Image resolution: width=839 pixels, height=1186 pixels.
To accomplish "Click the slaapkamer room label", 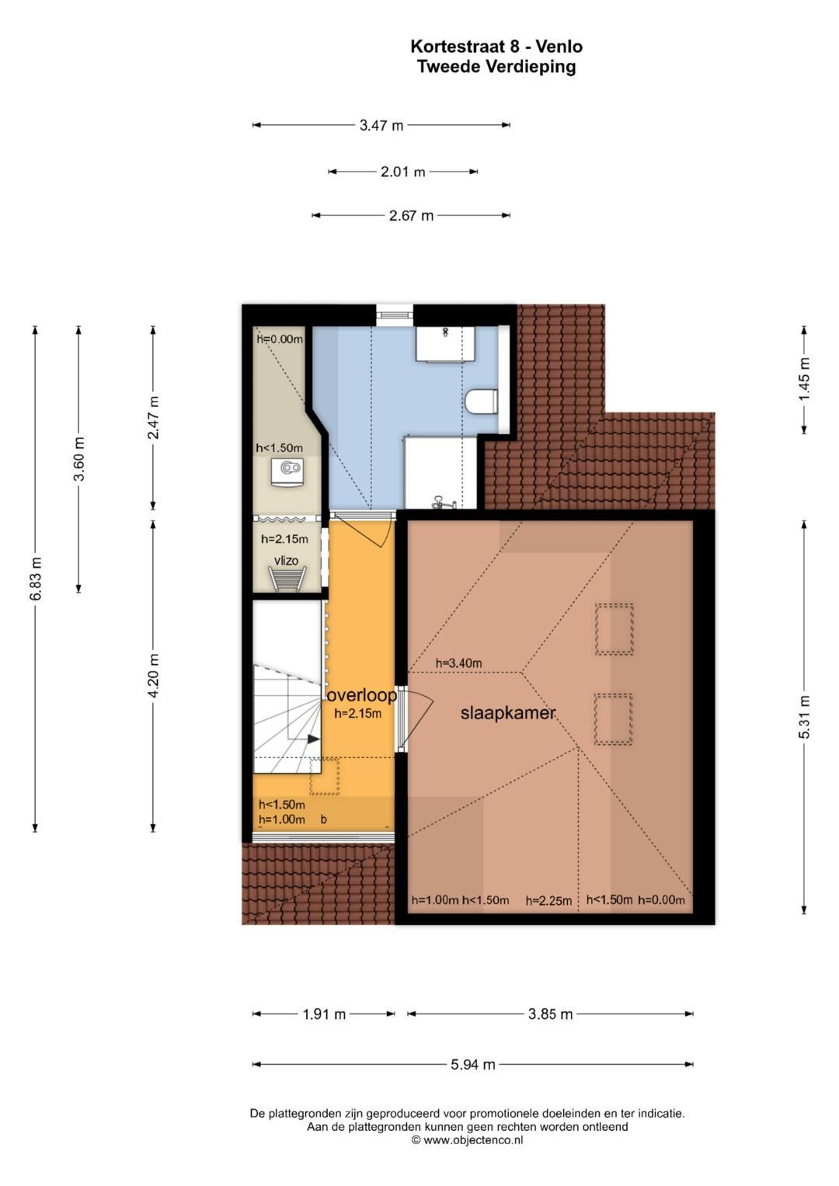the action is click(x=507, y=713).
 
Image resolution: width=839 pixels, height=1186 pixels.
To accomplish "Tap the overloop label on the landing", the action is click(x=362, y=695).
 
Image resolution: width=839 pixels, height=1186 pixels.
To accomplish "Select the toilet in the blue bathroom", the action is click(x=482, y=401).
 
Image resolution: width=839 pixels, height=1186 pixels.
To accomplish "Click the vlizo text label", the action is click(x=286, y=561).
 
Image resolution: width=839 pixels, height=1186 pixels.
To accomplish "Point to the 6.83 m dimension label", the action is click(x=36, y=579).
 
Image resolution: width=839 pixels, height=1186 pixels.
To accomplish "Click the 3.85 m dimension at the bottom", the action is click(x=550, y=1014).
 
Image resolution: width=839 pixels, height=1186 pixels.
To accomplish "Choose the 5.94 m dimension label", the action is click(x=473, y=1064).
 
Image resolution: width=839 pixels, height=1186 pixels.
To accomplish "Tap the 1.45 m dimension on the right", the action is click(x=804, y=380).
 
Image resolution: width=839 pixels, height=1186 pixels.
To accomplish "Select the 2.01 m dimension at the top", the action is click(x=402, y=172).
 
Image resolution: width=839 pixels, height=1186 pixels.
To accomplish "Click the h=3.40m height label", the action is click(x=458, y=663).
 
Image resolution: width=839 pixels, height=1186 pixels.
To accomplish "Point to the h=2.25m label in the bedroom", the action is click(x=548, y=901).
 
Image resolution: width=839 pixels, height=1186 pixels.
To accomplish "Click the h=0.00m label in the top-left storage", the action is click(x=280, y=339).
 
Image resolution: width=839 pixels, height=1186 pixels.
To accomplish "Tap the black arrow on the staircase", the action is click(x=314, y=739).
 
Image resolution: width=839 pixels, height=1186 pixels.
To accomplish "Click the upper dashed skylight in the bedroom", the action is click(x=614, y=629).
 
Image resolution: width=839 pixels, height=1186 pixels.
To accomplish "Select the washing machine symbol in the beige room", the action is click(x=287, y=472).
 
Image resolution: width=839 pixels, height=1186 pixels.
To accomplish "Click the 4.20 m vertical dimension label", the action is click(x=154, y=676).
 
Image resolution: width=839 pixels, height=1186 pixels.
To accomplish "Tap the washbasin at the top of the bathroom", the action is click(x=445, y=343).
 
